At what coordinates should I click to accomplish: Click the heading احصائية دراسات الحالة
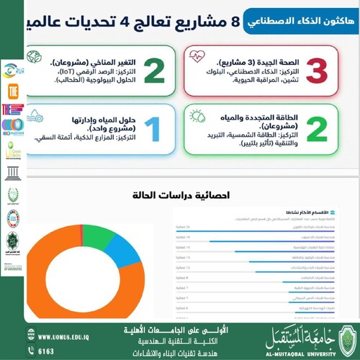point(166,195)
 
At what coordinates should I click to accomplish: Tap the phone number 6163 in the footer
point(46,351)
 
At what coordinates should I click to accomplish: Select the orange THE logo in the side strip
point(12,93)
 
